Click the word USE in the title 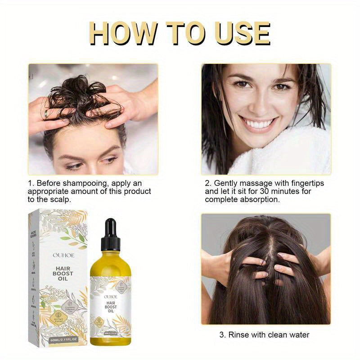pos(242,34)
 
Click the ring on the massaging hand pos(46,114)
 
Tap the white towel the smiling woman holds pos(292,153)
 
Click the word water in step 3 pos(297,335)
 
